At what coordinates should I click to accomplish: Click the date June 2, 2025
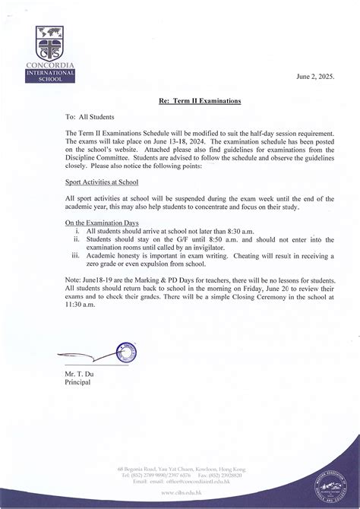[314, 77]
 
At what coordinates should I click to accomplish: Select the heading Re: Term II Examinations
[201, 100]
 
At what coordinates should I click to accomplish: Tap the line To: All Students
[90, 117]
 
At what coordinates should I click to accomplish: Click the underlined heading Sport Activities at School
[102, 183]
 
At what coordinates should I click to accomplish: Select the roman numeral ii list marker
[77, 238]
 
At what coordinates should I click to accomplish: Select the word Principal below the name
[78, 382]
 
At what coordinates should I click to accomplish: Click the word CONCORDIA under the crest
[49, 65]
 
